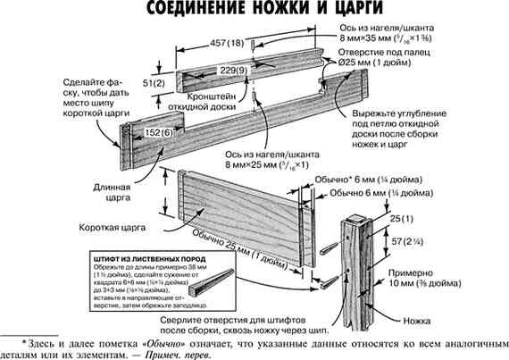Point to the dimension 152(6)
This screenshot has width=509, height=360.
pos(148,132)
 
